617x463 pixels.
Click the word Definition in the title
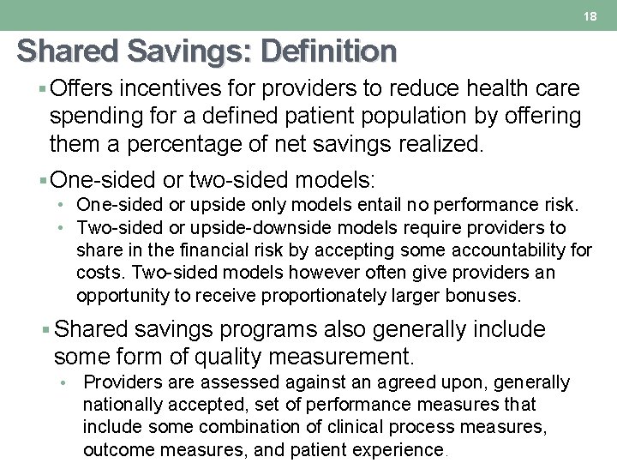329,51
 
